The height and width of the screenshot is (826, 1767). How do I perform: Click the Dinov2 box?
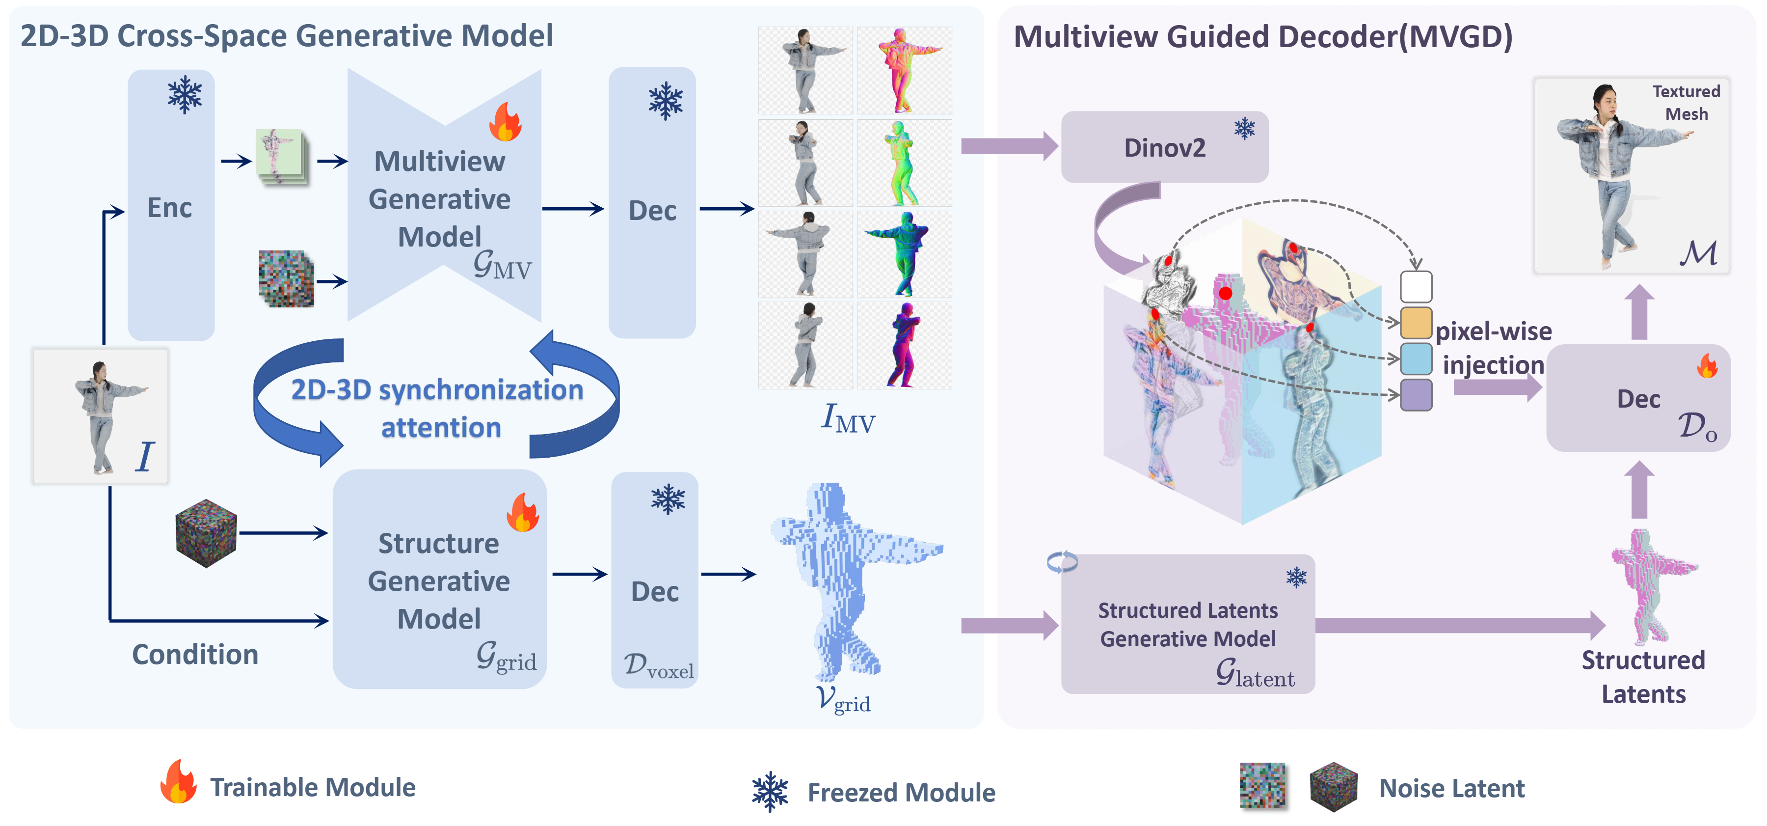[x=1164, y=147]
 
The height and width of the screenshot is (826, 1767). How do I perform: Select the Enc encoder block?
[x=171, y=206]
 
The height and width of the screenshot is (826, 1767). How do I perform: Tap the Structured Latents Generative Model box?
[x=1187, y=624]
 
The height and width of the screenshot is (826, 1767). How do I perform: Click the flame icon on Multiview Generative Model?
[x=506, y=122]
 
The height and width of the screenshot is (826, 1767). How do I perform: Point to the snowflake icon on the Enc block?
[x=185, y=95]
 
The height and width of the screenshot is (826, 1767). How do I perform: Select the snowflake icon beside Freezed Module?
[x=770, y=792]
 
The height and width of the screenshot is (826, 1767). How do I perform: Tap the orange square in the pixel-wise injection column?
[x=1416, y=323]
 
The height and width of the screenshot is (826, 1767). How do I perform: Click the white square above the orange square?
[x=1416, y=287]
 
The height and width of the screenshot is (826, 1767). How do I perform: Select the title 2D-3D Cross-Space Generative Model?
[x=287, y=36]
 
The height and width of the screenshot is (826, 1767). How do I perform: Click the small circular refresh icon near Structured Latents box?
[x=1062, y=563]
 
